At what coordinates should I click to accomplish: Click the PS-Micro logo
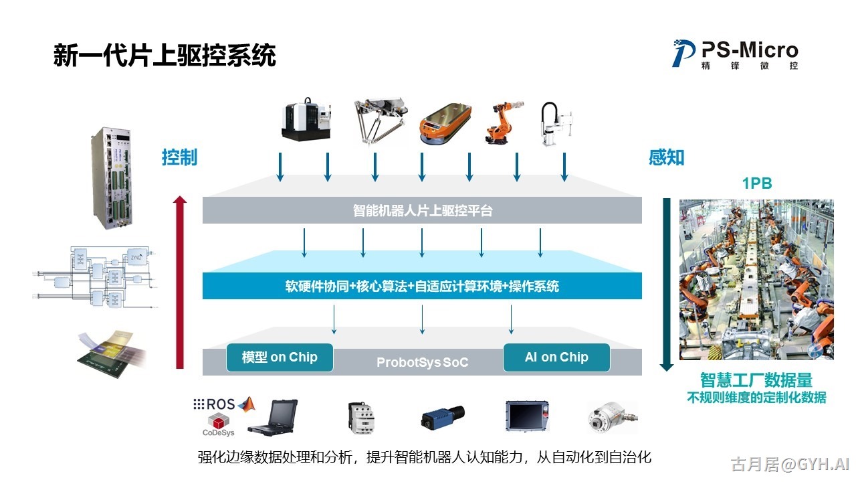[x=735, y=54]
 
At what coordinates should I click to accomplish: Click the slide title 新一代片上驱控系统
[x=165, y=56]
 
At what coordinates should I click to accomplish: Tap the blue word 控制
[x=179, y=157]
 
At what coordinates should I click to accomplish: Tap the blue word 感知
[x=666, y=157]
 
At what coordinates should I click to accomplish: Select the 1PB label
[x=757, y=183]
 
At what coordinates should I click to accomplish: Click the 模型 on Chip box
[x=280, y=357]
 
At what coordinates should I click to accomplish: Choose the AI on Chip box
[x=556, y=357]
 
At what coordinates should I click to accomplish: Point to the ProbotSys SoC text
[x=422, y=363]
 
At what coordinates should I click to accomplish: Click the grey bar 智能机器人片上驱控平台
[x=422, y=210]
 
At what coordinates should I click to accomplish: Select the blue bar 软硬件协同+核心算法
[x=422, y=287]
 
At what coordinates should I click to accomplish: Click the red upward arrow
[x=179, y=281]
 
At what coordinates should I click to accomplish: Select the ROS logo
[x=215, y=404]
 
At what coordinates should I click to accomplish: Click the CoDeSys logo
[x=219, y=424]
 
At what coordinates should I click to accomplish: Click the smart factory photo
[x=756, y=280]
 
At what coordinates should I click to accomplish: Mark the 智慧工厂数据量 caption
[x=756, y=380]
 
